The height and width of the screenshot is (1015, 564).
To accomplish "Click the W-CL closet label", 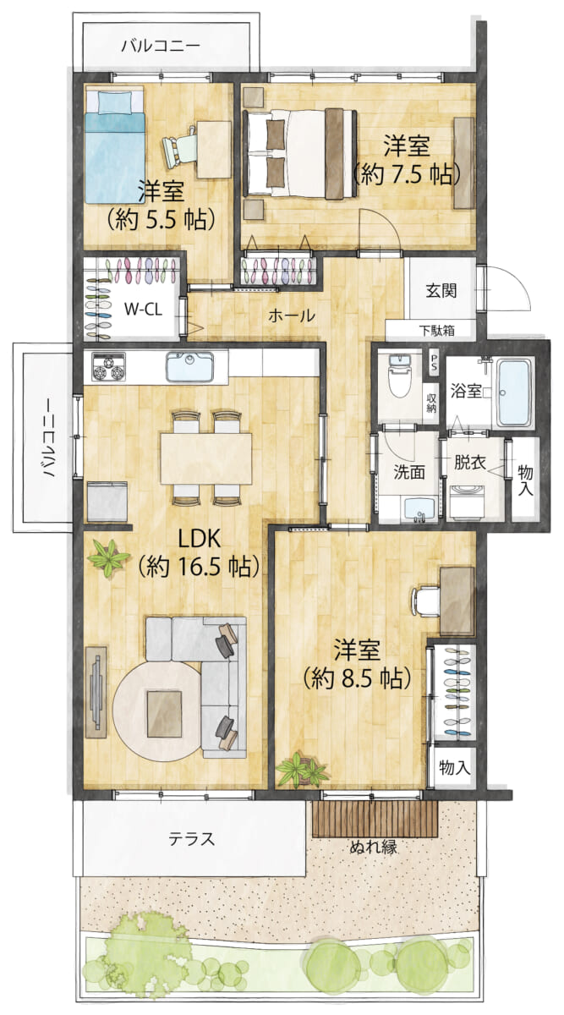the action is pyautogui.click(x=143, y=310).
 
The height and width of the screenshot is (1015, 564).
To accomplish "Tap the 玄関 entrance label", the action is pyautogui.click(x=441, y=290).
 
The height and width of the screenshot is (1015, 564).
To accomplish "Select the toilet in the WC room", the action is pyautogui.click(x=400, y=376).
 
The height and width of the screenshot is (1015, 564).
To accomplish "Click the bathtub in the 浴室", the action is pyautogui.click(x=514, y=392).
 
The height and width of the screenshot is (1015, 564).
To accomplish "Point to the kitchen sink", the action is pyautogui.click(x=189, y=366).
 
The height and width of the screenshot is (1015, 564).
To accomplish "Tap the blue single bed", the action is pyautogui.click(x=115, y=145).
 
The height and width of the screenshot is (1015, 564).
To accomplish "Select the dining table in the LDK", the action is pyautogui.click(x=206, y=458).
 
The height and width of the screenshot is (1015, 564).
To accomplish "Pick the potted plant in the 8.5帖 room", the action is pyautogui.click(x=302, y=769).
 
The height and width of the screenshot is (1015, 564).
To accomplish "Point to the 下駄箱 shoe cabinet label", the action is pyautogui.click(x=436, y=331).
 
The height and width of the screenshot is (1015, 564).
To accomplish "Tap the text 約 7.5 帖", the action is pyautogui.click(x=407, y=174).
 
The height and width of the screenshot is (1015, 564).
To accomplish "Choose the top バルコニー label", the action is pyautogui.click(x=161, y=46).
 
